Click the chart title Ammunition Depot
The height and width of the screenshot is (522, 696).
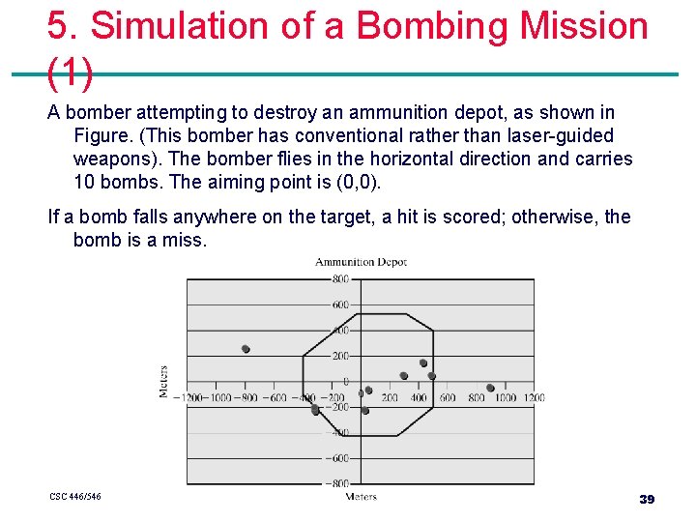click(361, 262)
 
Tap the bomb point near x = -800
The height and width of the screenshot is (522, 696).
click(246, 349)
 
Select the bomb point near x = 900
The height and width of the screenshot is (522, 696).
click(490, 388)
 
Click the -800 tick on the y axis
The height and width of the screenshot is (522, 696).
click(337, 483)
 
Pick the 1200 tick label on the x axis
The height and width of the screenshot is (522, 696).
click(533, 397)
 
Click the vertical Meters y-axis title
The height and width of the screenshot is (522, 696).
click(163, 381)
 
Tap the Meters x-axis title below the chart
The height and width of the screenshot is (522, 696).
click(361, 497)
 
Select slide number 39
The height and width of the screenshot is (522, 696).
click(647, 499)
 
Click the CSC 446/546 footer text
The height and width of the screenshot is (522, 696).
click(75, 497)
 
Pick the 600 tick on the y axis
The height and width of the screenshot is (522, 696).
click(340, 304)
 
